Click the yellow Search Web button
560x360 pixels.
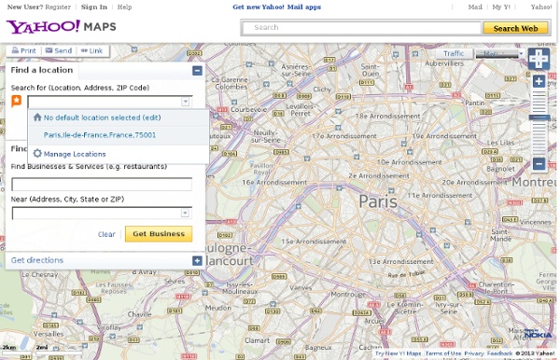pos(514,28)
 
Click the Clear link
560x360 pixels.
pos(106,234)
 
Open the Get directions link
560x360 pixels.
pos(37,260)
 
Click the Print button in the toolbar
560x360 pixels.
pos(23,51)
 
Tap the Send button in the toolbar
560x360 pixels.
pos(59,51)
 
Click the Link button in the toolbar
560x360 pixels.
pos(92,51)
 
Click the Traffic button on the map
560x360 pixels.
pos(454,54)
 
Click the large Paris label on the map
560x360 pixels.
pos(378,201)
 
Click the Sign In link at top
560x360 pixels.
pos(93,7)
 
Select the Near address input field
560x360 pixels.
pos(96,213)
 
